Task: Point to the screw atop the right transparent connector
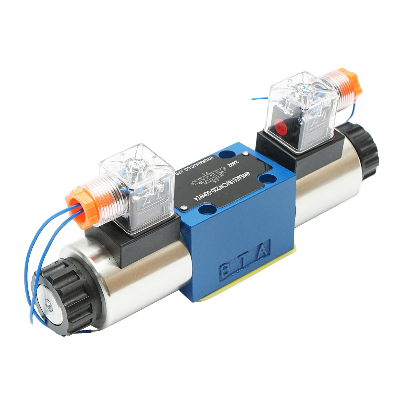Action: pos(305,89)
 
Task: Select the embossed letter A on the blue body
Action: pos(262,250)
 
